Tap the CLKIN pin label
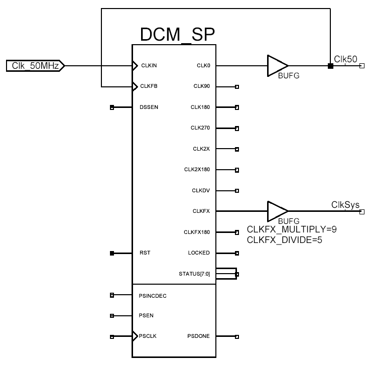[x=150, y=65]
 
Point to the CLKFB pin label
[x=150, y=86]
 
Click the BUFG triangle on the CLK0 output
[x=277, y=65]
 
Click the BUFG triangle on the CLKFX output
[x=277, y=211]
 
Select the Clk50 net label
[x=345, y=59]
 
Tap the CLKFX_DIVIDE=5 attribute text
[x=284, y=240]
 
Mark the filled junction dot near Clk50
[x=330, y=66]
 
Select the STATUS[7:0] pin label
[x=194, y=274]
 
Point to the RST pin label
[x=146, y=253]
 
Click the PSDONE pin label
[x=198, y=336]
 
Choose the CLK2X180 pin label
[x=197, y=170]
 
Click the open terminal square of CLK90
[x=237, y=87]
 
